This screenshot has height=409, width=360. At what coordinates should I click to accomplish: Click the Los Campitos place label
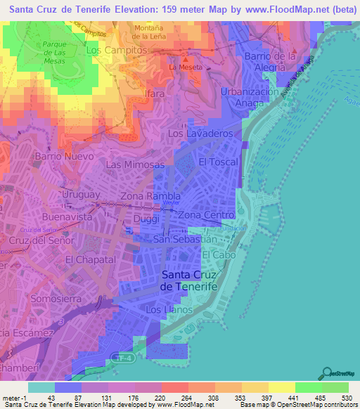116,51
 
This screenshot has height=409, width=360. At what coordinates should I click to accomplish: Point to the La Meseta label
186,67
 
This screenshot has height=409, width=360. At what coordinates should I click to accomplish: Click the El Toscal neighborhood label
219,162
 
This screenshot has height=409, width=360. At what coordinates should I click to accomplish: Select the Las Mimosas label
135,164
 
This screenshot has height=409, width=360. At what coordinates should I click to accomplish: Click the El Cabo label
218,256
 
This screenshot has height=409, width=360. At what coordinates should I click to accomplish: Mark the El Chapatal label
89,259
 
